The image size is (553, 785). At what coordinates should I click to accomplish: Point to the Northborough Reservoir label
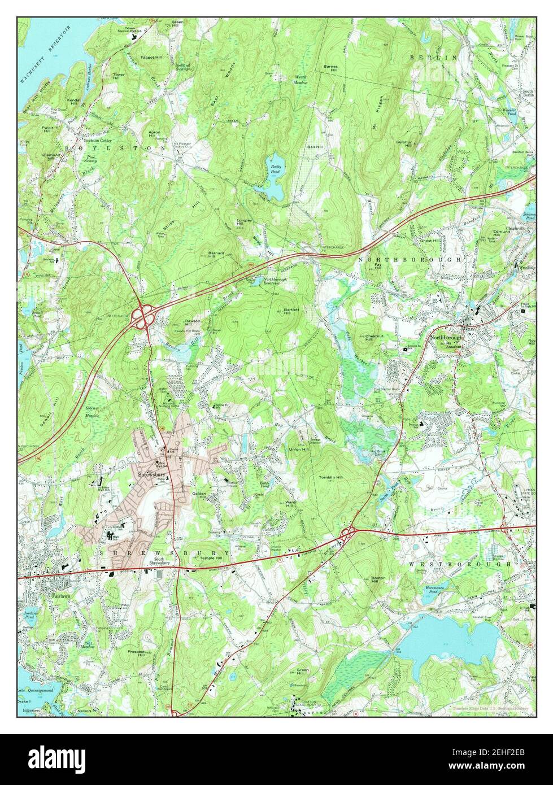pyautogui.click(x=263, y=281)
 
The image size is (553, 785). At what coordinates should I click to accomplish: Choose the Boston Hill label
pyautogui.click(x=378, y=581)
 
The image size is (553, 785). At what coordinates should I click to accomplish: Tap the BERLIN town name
pyautogui.click(x=433, y=58)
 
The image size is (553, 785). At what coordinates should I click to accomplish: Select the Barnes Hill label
pyautogui.click(x=330, y=68)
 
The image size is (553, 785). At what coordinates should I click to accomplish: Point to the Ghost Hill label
pyautogui.click(x=430, y=240)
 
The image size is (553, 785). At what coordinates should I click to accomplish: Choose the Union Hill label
pyautogui.click(x=299, y=450)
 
